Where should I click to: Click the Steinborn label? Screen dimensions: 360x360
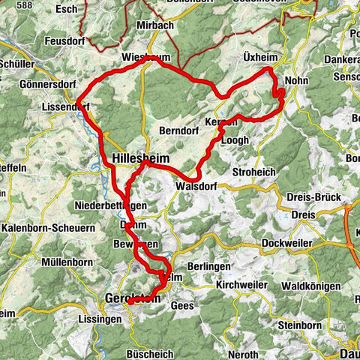coord(300,325)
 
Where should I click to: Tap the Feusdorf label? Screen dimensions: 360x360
coord(68,40)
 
